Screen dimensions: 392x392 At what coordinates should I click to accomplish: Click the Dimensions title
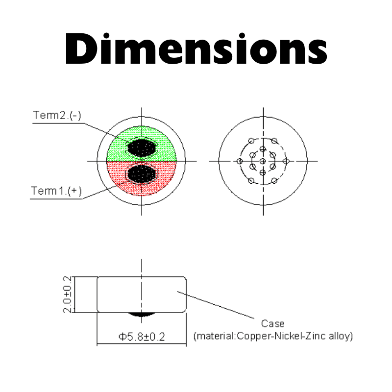point(196,48)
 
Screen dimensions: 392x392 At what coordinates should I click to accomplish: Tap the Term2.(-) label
point(57,115)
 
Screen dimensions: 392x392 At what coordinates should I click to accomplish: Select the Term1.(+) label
point(56,191)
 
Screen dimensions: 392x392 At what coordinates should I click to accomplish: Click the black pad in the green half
point(142,148)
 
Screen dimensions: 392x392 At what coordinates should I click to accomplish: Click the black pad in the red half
point(142,173)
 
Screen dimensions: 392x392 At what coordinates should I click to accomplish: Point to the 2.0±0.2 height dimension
point(67,294)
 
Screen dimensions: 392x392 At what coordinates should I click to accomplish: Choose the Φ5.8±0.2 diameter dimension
point(142,337)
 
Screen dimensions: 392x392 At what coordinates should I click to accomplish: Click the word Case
point(273,324)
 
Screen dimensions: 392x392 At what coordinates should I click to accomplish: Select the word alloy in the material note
point(341,336)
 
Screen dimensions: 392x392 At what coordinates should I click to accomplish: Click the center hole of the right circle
point(263,161)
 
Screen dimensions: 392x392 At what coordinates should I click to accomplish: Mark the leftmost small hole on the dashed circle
point(240,161)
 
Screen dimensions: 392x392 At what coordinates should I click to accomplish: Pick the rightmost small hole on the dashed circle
point(286,161)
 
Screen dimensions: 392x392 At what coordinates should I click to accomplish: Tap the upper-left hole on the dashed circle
point(251,141)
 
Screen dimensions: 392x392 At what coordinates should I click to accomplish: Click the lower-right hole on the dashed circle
point(274,181)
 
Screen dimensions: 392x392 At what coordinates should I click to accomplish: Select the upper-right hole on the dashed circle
point(274,141)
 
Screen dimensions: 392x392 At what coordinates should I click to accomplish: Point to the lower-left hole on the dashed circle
point(251,181)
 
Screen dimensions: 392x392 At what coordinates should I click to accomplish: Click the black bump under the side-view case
point(142,315)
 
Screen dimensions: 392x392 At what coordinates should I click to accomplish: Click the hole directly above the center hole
point(263,149)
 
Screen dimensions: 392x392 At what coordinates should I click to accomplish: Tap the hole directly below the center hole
point(263,172)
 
